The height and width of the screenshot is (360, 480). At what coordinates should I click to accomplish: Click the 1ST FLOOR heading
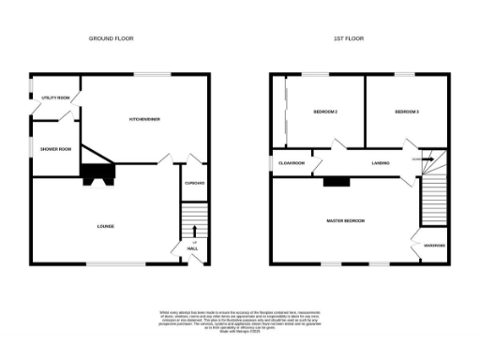pyautogui.click(x=349, y=38)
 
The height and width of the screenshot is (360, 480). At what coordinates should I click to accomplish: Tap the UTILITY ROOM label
pyautogui.click(x=50, y=97)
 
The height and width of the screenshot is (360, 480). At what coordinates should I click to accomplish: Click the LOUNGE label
pyautogui.click(x=105, y=227)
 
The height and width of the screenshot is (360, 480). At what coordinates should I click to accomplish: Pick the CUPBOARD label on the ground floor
pyautogui.click(x=194, y=183)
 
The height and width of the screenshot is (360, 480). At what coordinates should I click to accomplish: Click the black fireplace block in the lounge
pyautogui.click(x=95, y=173)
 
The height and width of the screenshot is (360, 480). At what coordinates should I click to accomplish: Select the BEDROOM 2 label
pyautogui.click(x=325, y=112)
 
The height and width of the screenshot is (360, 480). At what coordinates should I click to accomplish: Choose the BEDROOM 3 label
pyautogui.click(x=406, y=112)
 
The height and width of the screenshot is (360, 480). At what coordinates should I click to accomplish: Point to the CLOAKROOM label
pyautogui.click(x=292, y=164)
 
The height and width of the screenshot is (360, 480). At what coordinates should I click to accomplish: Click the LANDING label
pyautogui.click(x=381, y=164)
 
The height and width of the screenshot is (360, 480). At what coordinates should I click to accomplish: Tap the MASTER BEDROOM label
pyautogui.click(x=345, y=220)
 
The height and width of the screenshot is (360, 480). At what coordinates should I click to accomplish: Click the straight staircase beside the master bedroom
pyautogui.click(x=433, y=202)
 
